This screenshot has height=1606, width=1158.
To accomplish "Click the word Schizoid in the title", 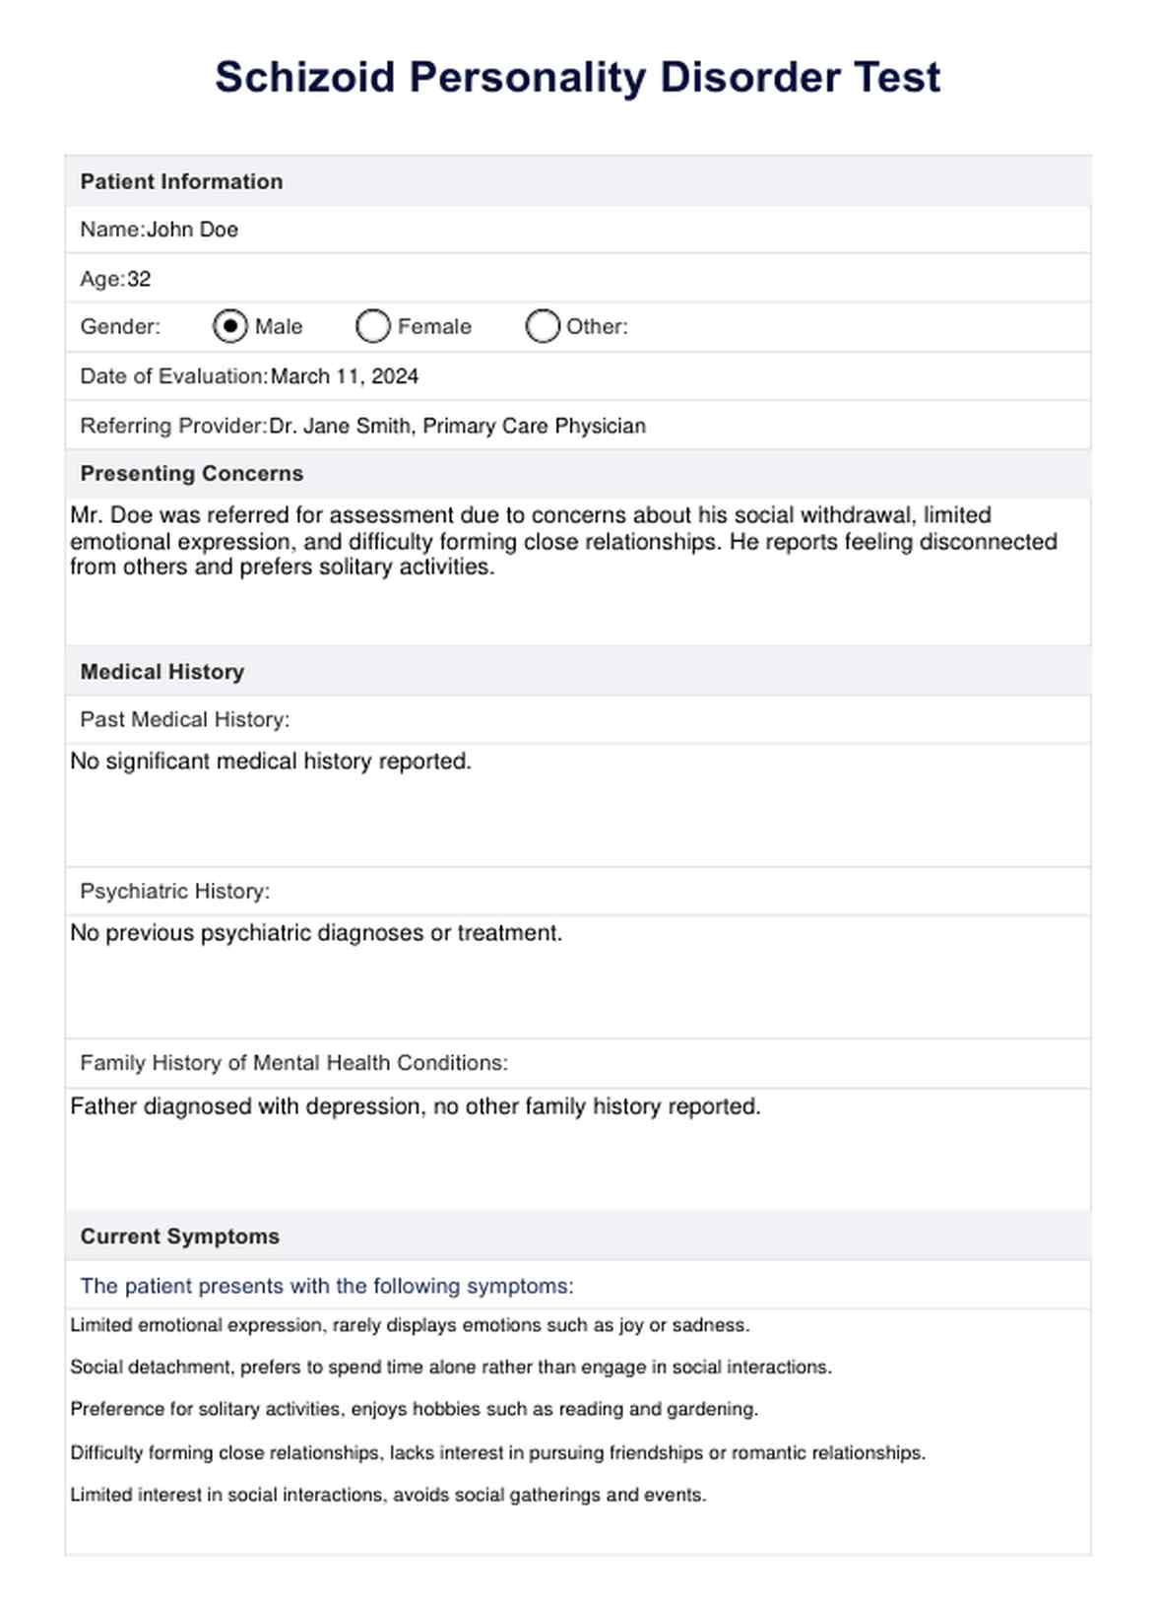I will pyautogui.click(x=305, y=77).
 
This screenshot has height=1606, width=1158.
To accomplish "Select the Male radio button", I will pyautogui.click(x=229, y=326).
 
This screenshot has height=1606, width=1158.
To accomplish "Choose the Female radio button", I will pyautogui.click(x=372, y=326).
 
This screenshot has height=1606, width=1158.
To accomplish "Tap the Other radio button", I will pyautogui.click(x=542, y=326).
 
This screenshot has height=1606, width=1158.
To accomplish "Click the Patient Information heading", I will pyautogui.click(x=181, y=181).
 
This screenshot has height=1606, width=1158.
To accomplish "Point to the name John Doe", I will pyautogui.click(x=192, y=230).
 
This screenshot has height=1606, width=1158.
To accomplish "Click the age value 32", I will pyautogui.click(x=139, y=279).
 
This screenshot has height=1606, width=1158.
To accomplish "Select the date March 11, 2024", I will pyautogui.click(x=344, y=376).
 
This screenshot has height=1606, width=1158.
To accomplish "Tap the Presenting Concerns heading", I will pyautogui.click(x=191, y=473).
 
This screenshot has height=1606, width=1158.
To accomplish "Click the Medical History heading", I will pyautogui.click(x=161, y=672).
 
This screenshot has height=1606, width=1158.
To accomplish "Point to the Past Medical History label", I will pyautogui.click(x=184, y=719).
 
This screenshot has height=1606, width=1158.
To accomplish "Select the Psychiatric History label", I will pyautogui.click(x=174, y=891).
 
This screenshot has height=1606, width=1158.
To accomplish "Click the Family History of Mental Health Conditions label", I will pyautogui.click(x=293, y=1063).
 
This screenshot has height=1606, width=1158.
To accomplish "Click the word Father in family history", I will pyautogui.click(x=103, y=1106).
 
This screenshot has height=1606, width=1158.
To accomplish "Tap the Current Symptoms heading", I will pyautogui.click(x=179, y=1237).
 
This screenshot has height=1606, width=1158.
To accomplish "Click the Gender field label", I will pyautogui.click(x=119, y=326).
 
